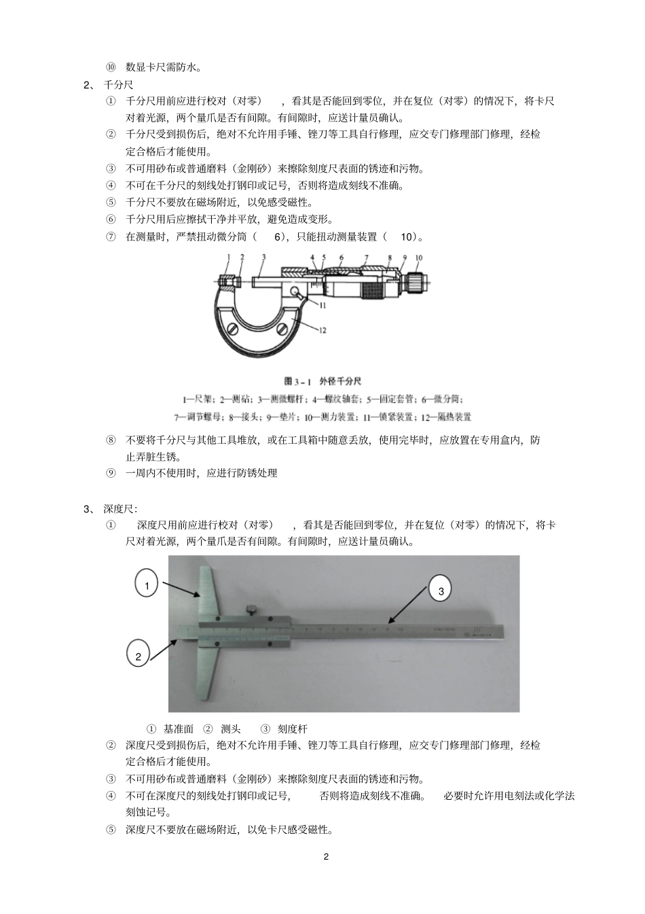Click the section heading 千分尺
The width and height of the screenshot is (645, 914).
pos(118,84)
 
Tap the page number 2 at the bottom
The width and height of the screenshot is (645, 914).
pos(326,856)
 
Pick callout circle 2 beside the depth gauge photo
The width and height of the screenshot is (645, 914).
pos(139,656)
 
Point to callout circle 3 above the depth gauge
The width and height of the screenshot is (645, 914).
pos(441,591)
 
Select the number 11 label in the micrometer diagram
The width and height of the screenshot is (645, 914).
pos(322,306)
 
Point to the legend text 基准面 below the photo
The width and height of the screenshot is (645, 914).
pos(179,728)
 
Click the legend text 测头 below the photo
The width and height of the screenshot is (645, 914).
pos(231,728)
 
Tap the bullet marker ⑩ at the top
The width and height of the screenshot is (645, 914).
pos(111,67)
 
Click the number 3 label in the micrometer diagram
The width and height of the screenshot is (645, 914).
pos(263,257)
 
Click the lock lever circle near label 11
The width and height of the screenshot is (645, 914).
pos(297,292)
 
